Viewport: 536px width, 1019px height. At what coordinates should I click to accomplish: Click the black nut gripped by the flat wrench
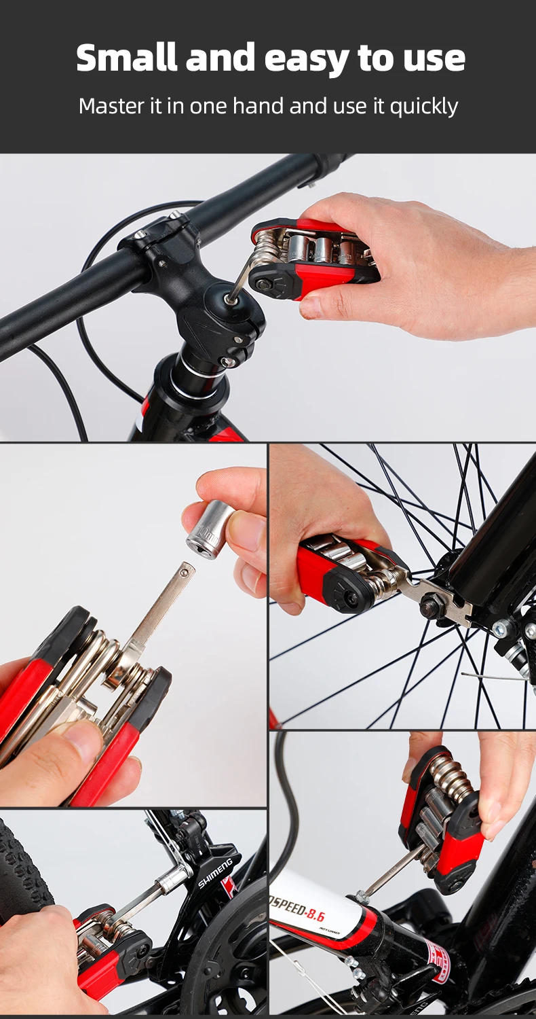click(432, 605)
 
